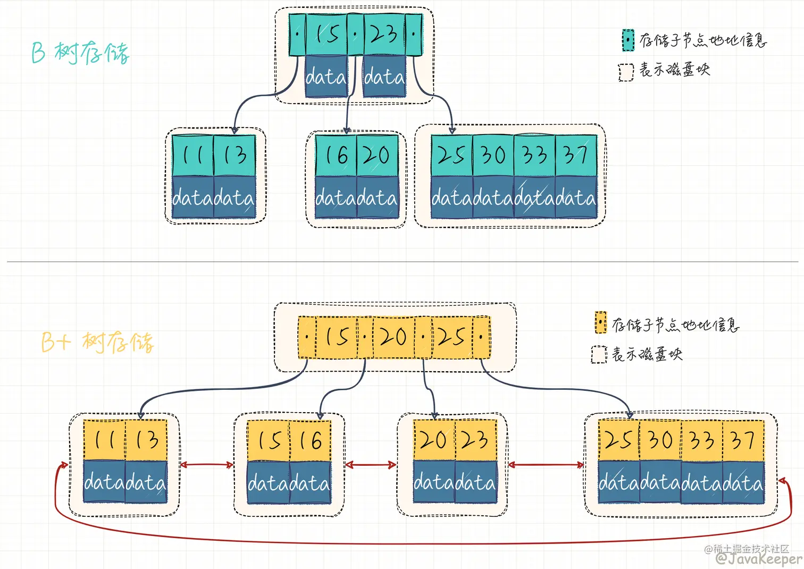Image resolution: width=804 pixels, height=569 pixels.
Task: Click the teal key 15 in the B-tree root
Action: point(326,35)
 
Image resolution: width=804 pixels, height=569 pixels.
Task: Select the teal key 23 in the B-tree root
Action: point(384,35)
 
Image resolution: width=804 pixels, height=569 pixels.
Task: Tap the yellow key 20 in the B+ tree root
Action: point(393,338)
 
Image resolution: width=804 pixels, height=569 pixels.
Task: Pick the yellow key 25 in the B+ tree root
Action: point(452,338)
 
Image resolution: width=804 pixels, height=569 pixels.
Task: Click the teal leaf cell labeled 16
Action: point(336,155)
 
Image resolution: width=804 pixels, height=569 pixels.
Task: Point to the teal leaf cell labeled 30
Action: point(493,155)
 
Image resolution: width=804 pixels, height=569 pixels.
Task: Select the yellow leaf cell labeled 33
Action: point(702,440)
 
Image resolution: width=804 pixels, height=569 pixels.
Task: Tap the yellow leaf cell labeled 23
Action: point(476,440)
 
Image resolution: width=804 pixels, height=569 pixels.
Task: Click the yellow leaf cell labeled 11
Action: point(104,440)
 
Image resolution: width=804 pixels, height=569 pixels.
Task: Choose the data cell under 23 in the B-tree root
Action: point(384,76)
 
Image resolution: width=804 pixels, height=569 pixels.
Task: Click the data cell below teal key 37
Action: point(576,197)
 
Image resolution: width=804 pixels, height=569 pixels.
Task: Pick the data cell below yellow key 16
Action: point(310,482)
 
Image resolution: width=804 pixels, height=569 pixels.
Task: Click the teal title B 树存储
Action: point(80,53)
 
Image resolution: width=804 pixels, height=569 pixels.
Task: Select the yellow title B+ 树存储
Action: point(98,342)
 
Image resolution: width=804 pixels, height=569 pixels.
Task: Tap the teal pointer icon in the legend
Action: point(628,40)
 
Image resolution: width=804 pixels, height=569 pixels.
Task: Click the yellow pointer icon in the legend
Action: point(600,322)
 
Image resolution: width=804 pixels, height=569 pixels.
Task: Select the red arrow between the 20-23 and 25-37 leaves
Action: point(546,465)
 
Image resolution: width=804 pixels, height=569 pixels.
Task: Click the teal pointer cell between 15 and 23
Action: point(355,35)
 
